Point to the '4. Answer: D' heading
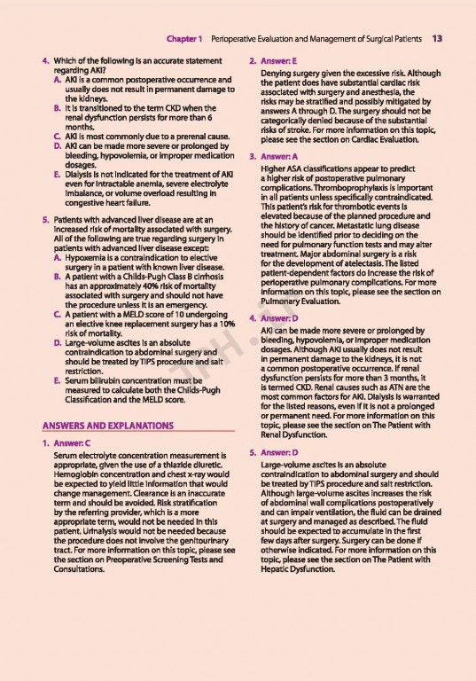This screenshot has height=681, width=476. point(275,318)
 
